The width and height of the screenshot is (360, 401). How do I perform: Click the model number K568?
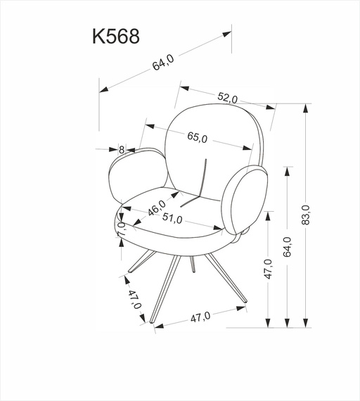[115, 37]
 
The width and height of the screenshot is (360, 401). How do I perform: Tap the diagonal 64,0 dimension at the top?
[162, 63]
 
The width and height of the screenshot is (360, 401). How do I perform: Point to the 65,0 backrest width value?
[197, 138]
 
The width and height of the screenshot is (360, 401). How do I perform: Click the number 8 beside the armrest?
[122, 149]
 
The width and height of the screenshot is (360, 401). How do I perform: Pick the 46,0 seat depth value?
[156, 209]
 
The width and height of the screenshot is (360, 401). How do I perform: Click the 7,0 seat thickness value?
[121, 229]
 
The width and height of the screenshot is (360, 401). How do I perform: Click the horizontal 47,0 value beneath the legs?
[201, 317]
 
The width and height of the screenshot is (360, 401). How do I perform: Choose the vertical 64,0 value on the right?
[287, 247]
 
